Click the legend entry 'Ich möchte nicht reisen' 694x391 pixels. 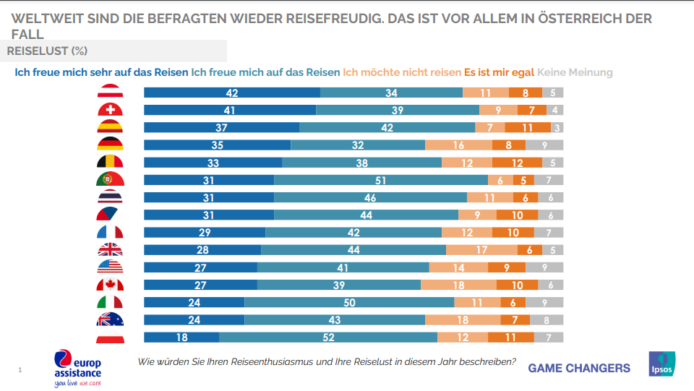pos(401,72)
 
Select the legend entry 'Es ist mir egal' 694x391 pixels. pos(499,72)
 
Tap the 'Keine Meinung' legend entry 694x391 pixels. pos(575,72)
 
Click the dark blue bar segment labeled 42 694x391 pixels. pos(232,93)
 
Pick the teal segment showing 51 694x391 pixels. pos(381,180)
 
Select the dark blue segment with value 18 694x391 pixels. pos(181,338)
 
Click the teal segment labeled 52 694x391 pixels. pos(328,338)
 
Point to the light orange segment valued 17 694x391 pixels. pos(481,250)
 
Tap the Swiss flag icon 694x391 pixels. pos(110,111)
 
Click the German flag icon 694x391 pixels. pos(110,145)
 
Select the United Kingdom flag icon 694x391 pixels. pos(110,250)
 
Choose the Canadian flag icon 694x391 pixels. pos(110,285)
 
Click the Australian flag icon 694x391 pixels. pos(110,320)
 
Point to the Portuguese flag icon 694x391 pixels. pos(110,180)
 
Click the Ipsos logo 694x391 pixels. pos(661,364)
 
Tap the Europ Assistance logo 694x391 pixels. pos(77,368)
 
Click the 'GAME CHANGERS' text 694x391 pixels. pos(579,368)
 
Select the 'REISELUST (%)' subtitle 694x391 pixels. pos(48,51)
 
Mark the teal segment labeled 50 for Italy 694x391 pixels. pos(349,303)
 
